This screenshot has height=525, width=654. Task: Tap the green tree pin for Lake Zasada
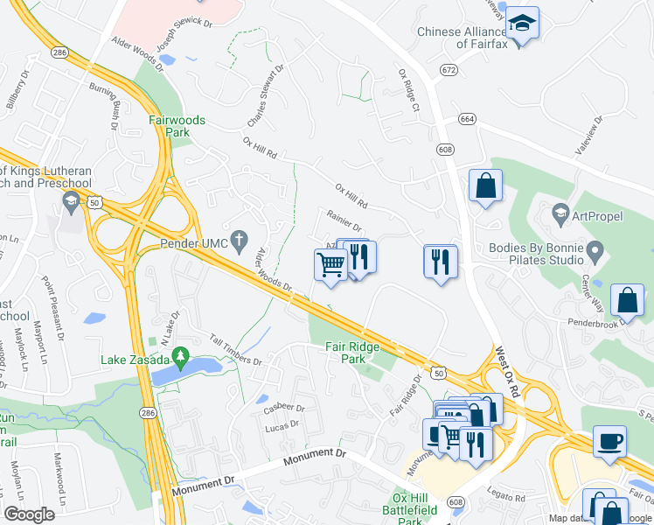click(x=181, y=355)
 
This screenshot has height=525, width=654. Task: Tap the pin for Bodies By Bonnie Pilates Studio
click(x=595, y=253)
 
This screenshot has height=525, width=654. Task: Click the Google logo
click(x=30, y=514)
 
